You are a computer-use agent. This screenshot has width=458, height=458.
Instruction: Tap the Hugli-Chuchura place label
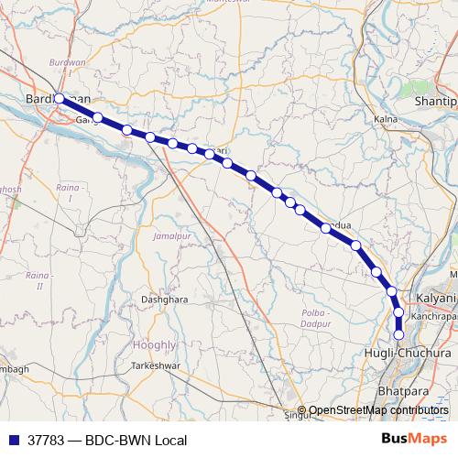click(422, 353)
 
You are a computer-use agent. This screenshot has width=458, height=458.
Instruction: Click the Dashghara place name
click(165, 299)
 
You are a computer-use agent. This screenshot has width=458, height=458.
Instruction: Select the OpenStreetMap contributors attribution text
click(378, 410)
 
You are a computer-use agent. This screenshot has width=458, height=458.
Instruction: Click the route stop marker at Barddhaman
click(60, 98)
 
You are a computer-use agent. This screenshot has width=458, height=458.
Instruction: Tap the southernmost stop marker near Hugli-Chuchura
click(398, 334)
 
